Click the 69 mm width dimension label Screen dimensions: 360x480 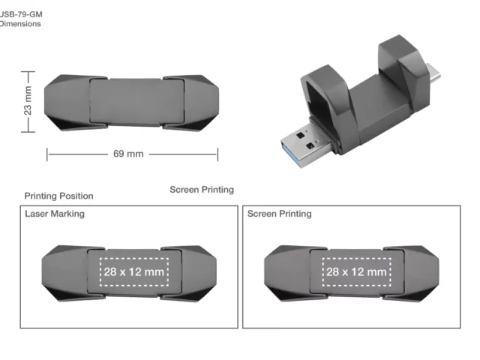[128, 154]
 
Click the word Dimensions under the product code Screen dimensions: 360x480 [20, 24]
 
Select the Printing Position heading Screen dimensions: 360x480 [58, 196]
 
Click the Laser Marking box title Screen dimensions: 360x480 [55, 214]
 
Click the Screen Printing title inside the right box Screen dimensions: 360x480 [279, 214]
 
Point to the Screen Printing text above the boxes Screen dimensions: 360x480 [202, 190]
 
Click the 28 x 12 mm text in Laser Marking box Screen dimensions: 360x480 [134, 271]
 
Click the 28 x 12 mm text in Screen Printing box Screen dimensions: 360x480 [356, 271]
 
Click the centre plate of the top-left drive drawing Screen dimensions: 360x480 [126, 101]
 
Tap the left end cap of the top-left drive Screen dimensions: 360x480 [67, 101]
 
